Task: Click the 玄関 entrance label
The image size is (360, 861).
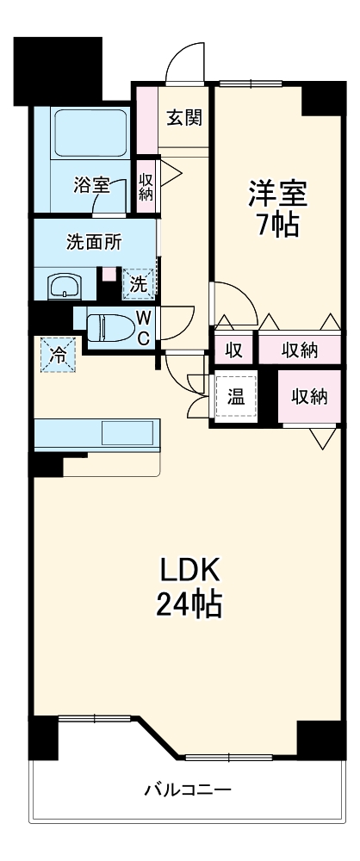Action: tap(184, 117)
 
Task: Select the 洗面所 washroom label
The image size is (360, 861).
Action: tap(94, 241)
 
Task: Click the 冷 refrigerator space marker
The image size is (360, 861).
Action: tap(56, 355)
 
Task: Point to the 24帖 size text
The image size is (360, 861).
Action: tap(189, 605)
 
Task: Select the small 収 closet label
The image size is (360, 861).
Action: tap(233, 350)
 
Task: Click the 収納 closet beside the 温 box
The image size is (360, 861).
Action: tap(308, 396)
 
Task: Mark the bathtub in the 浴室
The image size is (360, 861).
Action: tap(90, 133)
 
